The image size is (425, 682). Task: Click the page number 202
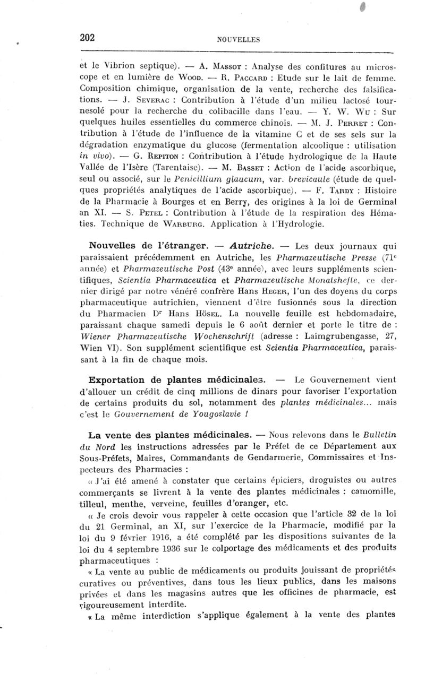[x=87, y=37]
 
